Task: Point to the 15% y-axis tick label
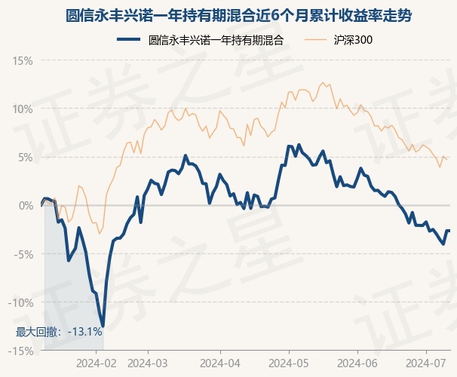[x=23, y=60]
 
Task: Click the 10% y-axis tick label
[x=23, y=109]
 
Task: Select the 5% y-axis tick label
[x=25, y=157]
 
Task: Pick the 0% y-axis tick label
[x=25, y=205]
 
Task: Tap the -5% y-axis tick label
[x=23, y=254]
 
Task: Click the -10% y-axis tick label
[x=21, y=302]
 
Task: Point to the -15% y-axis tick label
[x=21, y=351]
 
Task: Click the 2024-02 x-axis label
[x=98, y=363]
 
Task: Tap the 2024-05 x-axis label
[x=289, y=363]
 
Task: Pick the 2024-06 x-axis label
[x=357, y=363]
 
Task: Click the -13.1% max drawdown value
[x=85, y=331]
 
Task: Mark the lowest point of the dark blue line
[x=103, y=326]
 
